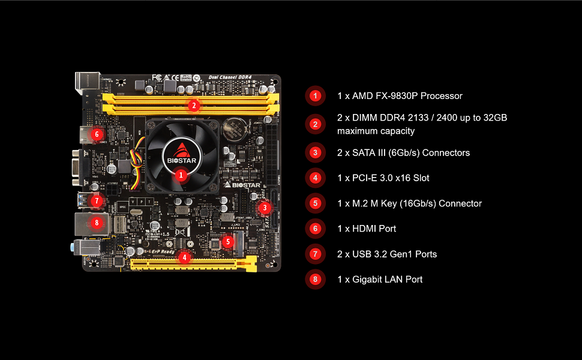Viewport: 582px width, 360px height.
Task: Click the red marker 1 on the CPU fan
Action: tap(181, 175)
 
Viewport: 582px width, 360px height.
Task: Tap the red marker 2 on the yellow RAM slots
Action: tap(193, 106)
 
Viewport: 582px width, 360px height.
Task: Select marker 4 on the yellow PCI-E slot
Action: tap(185, 257)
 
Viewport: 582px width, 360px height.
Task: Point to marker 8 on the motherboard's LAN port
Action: tap(98, 223)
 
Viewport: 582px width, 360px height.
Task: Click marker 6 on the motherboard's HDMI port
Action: tap(97, 134)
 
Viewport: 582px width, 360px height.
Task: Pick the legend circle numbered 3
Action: tap(315, 152)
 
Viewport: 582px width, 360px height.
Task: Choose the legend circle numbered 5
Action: tap(315, 203)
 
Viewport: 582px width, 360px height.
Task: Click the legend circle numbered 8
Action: tap(315, 279)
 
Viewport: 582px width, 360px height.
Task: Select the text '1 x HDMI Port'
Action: tap(367, 229)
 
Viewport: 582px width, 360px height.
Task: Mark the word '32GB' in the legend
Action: tap(495, 118)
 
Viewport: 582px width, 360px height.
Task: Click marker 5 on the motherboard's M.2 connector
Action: tap(227, 242)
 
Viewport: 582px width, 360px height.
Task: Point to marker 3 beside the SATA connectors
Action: tap(265, 208)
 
